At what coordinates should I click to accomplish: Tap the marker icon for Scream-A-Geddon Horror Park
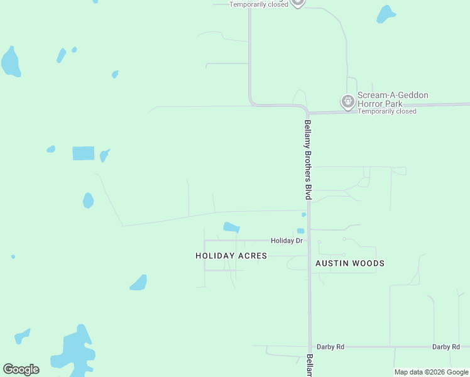click(x=347, y=101)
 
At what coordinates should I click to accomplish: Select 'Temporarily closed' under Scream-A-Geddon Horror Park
click(x=387, y=111)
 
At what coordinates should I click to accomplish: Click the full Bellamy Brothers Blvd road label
click(x=308, y=160)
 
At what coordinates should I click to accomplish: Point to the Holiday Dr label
click(x=287, y=241)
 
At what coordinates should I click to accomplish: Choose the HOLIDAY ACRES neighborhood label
click(x=231, y=256)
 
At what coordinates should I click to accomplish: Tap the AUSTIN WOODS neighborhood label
click(x=349, y=263)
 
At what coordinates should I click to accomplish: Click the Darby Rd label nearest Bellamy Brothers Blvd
click(x=331, y=347)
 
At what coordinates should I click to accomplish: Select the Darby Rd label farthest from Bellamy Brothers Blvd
click(x=446, y=347)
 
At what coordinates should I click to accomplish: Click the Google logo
click(x=21, y=369)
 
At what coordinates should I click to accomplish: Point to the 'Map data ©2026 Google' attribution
click(x=431, y=372)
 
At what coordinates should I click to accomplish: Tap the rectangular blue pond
click(x=83, y=153)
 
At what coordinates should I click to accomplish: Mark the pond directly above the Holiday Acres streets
click(x=231, y=227)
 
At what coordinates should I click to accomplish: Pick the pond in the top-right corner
click(x=386, y=14)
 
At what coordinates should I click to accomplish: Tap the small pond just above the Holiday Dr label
click(x=300, y=231)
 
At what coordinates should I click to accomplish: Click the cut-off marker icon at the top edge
click(x=298, y=3)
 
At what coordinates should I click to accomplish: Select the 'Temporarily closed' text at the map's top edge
click(x=259, y=4)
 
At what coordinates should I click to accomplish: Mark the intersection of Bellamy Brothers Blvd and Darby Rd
click(x=310, y=347)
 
